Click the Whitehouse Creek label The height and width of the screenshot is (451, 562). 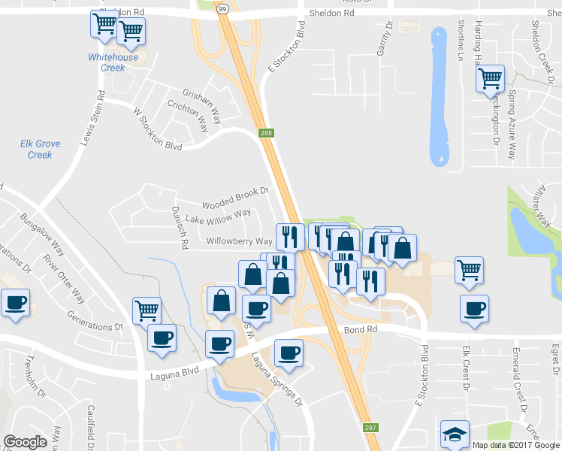[113, 62]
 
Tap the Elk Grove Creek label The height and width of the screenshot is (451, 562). [40, 149]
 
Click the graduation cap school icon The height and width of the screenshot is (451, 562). [455, 434]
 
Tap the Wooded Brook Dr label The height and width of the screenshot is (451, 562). [235, 198]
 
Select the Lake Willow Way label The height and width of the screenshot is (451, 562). [218, 216]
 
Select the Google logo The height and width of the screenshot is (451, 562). [25, 442]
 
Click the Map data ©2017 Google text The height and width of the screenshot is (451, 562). [515, 444]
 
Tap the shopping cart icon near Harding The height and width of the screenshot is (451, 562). [490, 77]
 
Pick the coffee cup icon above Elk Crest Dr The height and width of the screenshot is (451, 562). [474, 308]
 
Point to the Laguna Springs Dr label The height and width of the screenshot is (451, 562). [277, 379]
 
